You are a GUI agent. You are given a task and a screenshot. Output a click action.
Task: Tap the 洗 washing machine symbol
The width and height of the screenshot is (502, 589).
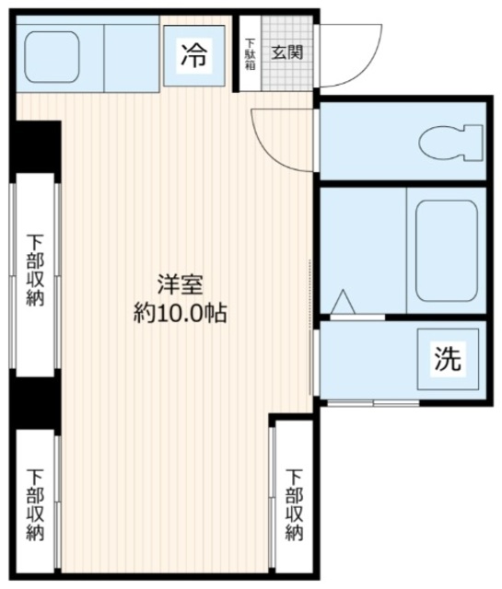[448, 359]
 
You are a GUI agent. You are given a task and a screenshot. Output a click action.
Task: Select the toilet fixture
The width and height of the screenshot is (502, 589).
[450, 144]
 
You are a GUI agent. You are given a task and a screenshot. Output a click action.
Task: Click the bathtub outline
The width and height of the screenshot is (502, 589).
[447, 251]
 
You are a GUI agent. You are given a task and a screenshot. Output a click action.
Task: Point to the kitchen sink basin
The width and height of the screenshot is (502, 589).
[52, 57]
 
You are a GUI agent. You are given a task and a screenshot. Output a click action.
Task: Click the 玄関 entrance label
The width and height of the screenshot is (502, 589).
[287, 52]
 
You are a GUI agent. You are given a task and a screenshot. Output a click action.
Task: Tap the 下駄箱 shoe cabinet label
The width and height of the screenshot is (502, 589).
[250, 53]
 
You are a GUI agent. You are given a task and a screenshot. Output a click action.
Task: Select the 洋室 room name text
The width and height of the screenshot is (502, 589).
[181, 284]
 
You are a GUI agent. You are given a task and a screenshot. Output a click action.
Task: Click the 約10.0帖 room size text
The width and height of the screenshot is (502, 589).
[181, 313]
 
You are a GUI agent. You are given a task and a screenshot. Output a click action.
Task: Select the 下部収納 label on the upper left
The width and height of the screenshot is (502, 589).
[35, 270]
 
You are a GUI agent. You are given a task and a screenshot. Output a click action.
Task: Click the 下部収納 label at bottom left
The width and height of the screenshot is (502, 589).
[35, 505]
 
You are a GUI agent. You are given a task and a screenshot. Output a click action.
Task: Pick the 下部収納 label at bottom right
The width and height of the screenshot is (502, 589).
[294, 505]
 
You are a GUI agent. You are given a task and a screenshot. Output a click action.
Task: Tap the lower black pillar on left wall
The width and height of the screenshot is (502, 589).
[35, 403]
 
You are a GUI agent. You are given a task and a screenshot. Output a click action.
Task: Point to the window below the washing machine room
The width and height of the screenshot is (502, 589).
[373, 403]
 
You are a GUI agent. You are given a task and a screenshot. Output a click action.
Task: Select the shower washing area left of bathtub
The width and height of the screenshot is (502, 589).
[363, 250]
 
